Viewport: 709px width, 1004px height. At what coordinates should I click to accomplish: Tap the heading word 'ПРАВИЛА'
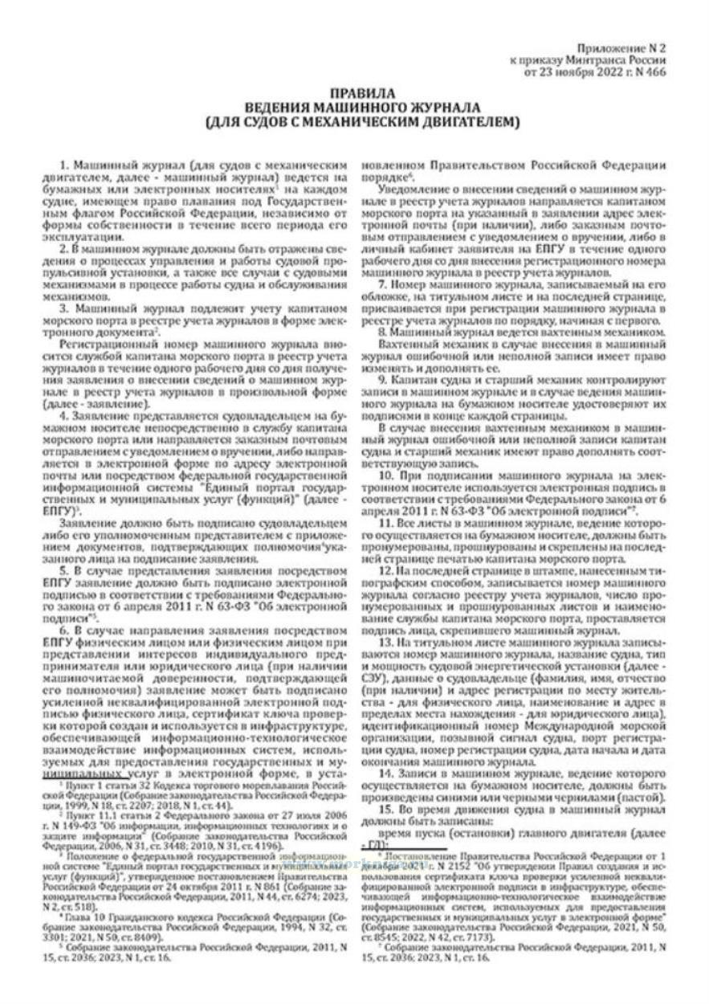(353, 94)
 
